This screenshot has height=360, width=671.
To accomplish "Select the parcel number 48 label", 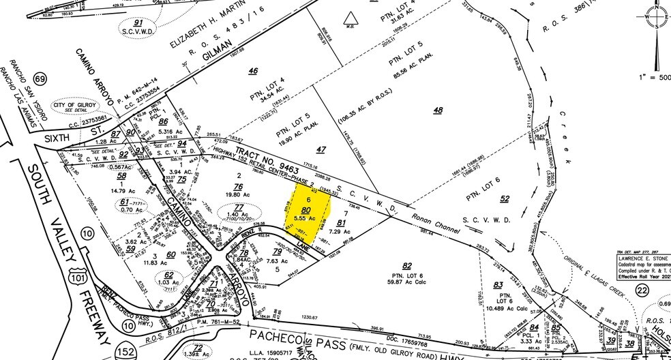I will (437, 110).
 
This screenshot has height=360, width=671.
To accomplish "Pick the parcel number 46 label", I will (253, 70).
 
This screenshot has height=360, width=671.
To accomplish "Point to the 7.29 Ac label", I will (344, 232).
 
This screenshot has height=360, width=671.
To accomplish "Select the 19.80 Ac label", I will (238, 194).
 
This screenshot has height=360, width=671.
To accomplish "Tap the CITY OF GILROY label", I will (83, 102).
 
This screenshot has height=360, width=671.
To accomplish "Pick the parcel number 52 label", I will (504, 198).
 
